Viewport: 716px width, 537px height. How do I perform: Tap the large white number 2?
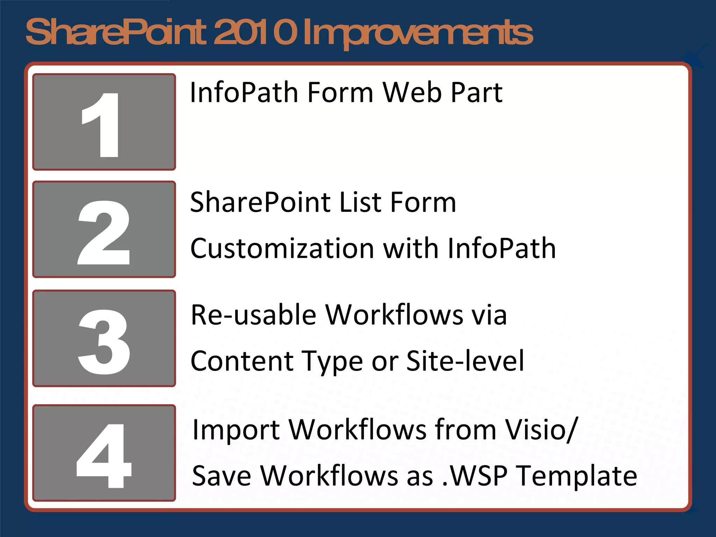coord(104,232)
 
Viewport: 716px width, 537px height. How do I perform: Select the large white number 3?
coord(104,342)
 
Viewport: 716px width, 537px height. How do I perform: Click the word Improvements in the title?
coord(418,33)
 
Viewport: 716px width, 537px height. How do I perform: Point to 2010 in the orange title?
coord(255,33)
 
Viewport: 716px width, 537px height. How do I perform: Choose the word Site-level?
coord(465,361)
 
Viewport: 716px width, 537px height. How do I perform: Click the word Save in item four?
coord(221,476)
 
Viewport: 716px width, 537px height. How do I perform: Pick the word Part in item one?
coord(477,93)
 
